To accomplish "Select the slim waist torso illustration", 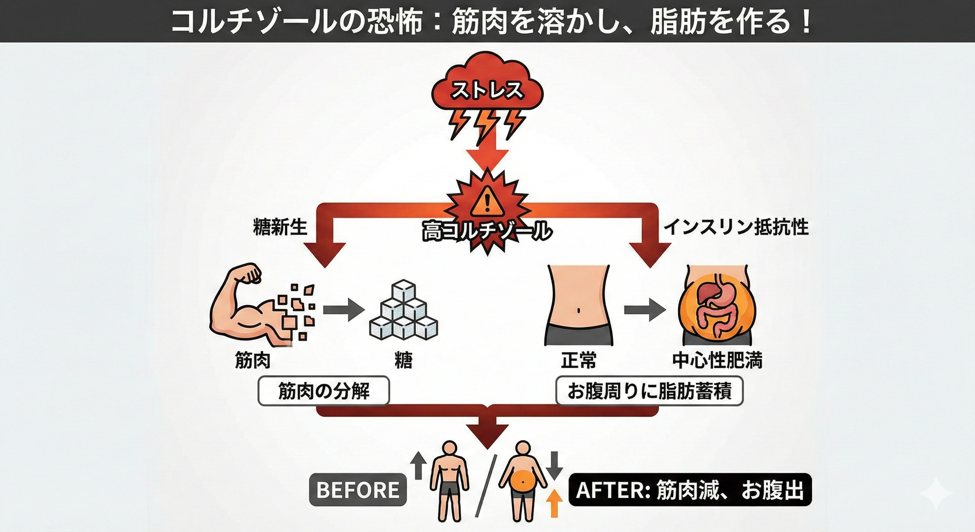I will [578, 305].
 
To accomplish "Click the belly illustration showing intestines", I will [717, 307].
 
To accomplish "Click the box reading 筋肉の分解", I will [324, 391].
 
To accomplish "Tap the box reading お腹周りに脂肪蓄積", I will [649, 391].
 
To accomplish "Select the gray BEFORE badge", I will [358, 490].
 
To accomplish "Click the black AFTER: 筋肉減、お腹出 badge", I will [690, 490].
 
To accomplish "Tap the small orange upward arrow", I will [554, 503].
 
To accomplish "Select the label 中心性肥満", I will [717, 360].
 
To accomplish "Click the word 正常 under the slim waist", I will [578, 360].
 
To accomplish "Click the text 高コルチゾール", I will [487, 231].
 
